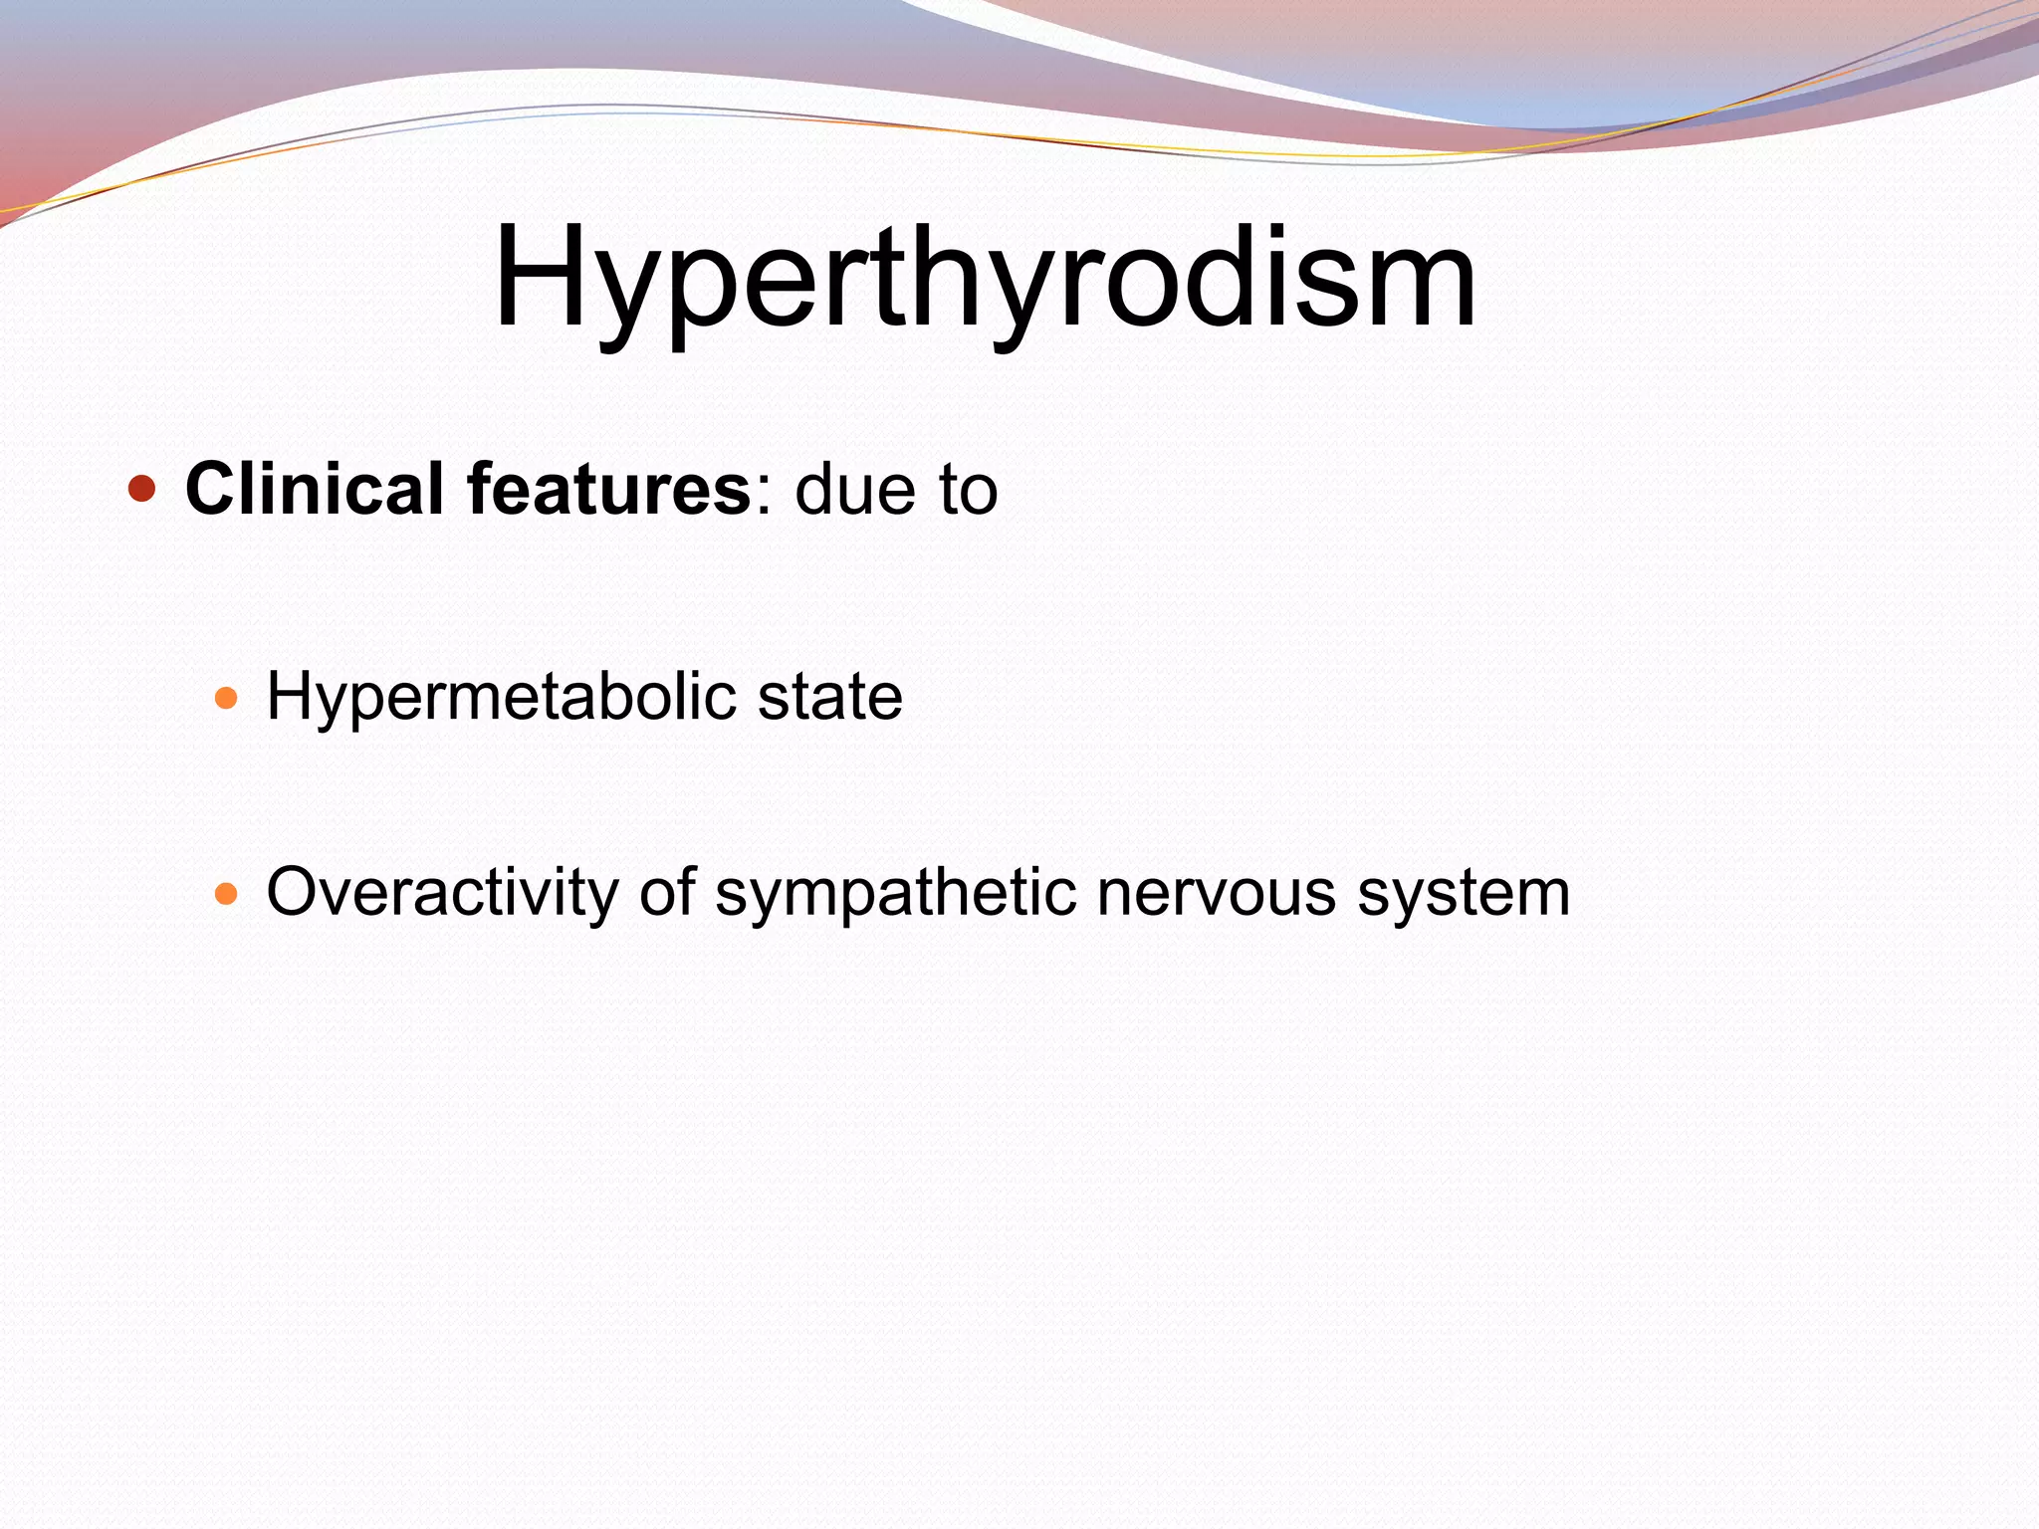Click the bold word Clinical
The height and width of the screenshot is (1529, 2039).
(314, 490)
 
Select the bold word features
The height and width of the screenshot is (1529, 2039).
(610, 490)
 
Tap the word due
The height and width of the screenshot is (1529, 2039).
(854, 490)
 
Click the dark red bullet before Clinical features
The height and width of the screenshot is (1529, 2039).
(142, 490)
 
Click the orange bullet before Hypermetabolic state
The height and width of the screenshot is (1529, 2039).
(226, 697)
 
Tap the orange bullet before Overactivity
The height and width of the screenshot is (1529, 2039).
(226, 893)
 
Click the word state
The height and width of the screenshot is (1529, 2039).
(829, 697)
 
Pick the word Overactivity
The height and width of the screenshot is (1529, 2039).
(443, 893)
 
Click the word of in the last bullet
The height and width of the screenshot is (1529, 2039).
(667, 892)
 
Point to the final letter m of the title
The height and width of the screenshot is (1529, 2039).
(1424, 289)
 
